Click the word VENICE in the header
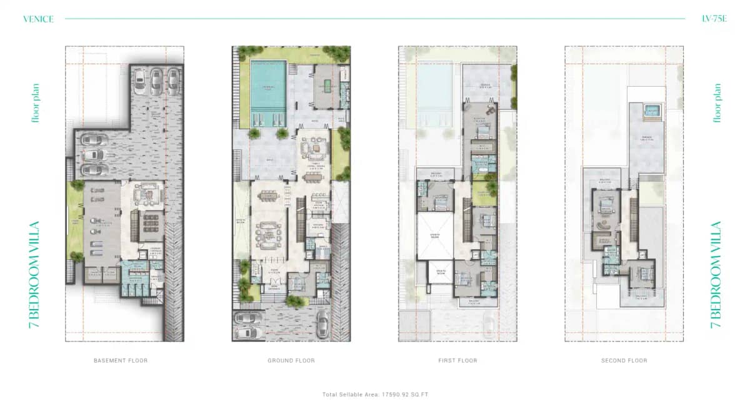tap(38, 19)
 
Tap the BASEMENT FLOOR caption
tap(121, 360)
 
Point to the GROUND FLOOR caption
tap(291, 360)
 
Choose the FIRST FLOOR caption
tap(457, 360)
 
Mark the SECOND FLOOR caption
tap(624, 360)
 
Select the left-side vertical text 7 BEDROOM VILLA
tap(35, 275)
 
